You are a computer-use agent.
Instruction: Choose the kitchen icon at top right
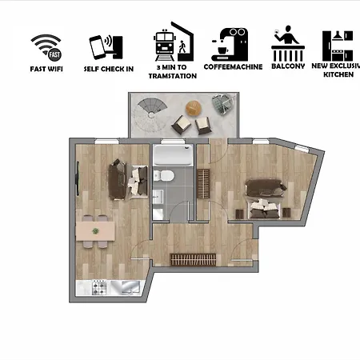click(x=338, y=46)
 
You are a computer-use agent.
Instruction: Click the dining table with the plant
click(x=96, y=231)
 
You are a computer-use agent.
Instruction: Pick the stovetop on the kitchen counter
click(x=101, y=284)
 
